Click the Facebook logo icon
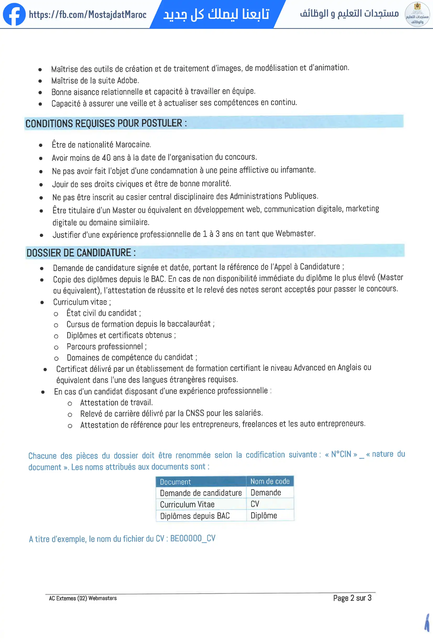14,14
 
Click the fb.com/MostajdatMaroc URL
87,15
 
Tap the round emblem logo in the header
417,14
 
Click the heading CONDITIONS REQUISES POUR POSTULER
106,123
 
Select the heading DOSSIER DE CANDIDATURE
81,253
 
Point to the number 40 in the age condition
106,158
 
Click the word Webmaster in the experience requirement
295,234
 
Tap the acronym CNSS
195,413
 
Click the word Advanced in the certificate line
309,368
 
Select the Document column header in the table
176,482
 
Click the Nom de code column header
270,481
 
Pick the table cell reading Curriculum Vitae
187,505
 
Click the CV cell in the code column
255,504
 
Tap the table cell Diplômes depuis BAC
195,516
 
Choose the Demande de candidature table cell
201,493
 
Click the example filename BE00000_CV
193,538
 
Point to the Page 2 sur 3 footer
352,598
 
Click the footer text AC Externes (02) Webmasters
83,598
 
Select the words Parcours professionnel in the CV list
105,346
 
